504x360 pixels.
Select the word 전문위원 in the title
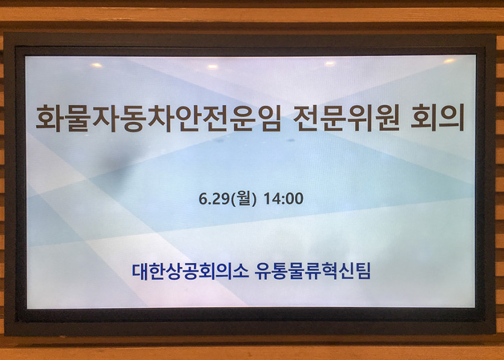[x=346, y=118]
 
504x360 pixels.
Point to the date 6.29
[x=213, y=199]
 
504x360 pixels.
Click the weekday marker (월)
[x=245, y=199]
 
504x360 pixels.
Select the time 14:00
[x=284, y=199]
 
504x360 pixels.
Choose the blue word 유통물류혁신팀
[x=313, y=271]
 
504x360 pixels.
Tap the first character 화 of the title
[x=48, y=118]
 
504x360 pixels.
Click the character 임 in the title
[x=268, y=118]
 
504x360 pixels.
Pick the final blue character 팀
[x=363, y=271]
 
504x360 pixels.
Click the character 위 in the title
[x=360, y=118]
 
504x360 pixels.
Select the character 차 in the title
[x=159, y=118]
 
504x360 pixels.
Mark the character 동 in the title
[x=131, y=118]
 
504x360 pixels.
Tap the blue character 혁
[x=330, y=271]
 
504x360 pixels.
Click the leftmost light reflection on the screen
[x=96, y=65]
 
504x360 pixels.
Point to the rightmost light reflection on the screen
[x=449, y=60]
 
